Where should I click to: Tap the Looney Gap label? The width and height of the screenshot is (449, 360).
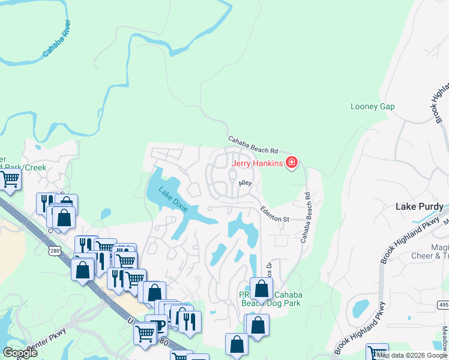click(372, 106)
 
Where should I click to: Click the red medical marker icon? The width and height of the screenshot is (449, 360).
click(292, 162)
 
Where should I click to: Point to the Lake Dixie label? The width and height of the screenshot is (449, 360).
click(173, 200)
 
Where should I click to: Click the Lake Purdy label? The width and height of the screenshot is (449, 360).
click(420, 206)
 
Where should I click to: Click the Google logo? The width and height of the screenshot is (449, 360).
click(20, 352)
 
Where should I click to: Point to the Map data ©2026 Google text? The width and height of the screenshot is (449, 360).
click(412, 355)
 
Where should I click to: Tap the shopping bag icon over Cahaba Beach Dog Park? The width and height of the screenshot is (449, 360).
click(262, 289)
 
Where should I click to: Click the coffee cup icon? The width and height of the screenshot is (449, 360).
click(158, 325)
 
